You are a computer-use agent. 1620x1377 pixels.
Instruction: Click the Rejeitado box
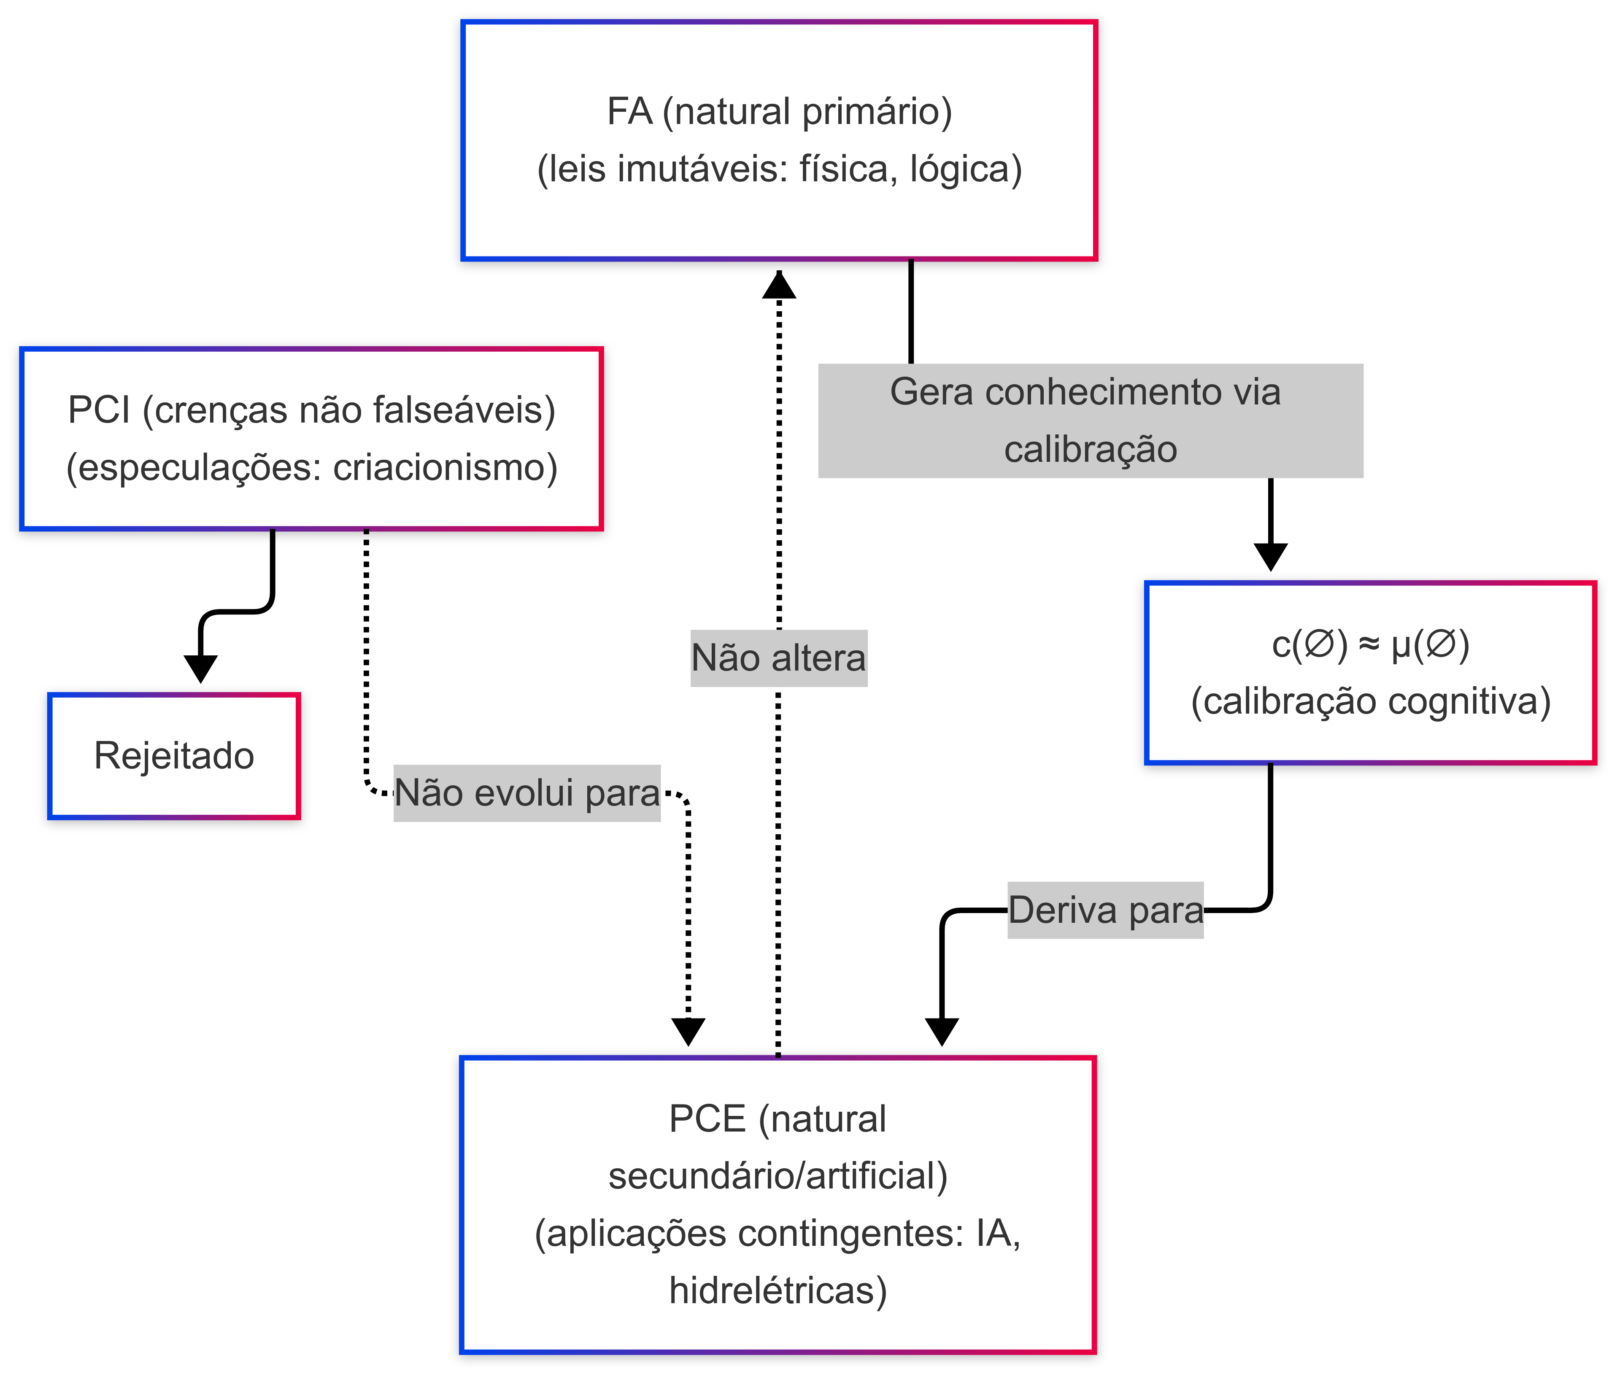pyautogui.click(x=174, y=756)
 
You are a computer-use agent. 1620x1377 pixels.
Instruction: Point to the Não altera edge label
pyautogui.click(x=778, y=658)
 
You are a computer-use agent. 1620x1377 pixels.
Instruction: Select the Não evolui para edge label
pyautogui.click(x=527, y=793)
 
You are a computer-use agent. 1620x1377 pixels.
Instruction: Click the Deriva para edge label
pyautogui.click(x=1105, y=910)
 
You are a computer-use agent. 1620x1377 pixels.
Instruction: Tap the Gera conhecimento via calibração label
pyautogui.click(x=1090, y=421)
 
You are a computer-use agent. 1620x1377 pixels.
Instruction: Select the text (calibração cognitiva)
pyautogui.click(x=1370, y=701)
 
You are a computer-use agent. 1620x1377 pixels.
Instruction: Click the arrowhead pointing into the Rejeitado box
pyautogui.click(x=201, y=668)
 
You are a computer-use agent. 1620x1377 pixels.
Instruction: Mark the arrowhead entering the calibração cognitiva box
pyautogui.click(x=1270, y=557)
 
